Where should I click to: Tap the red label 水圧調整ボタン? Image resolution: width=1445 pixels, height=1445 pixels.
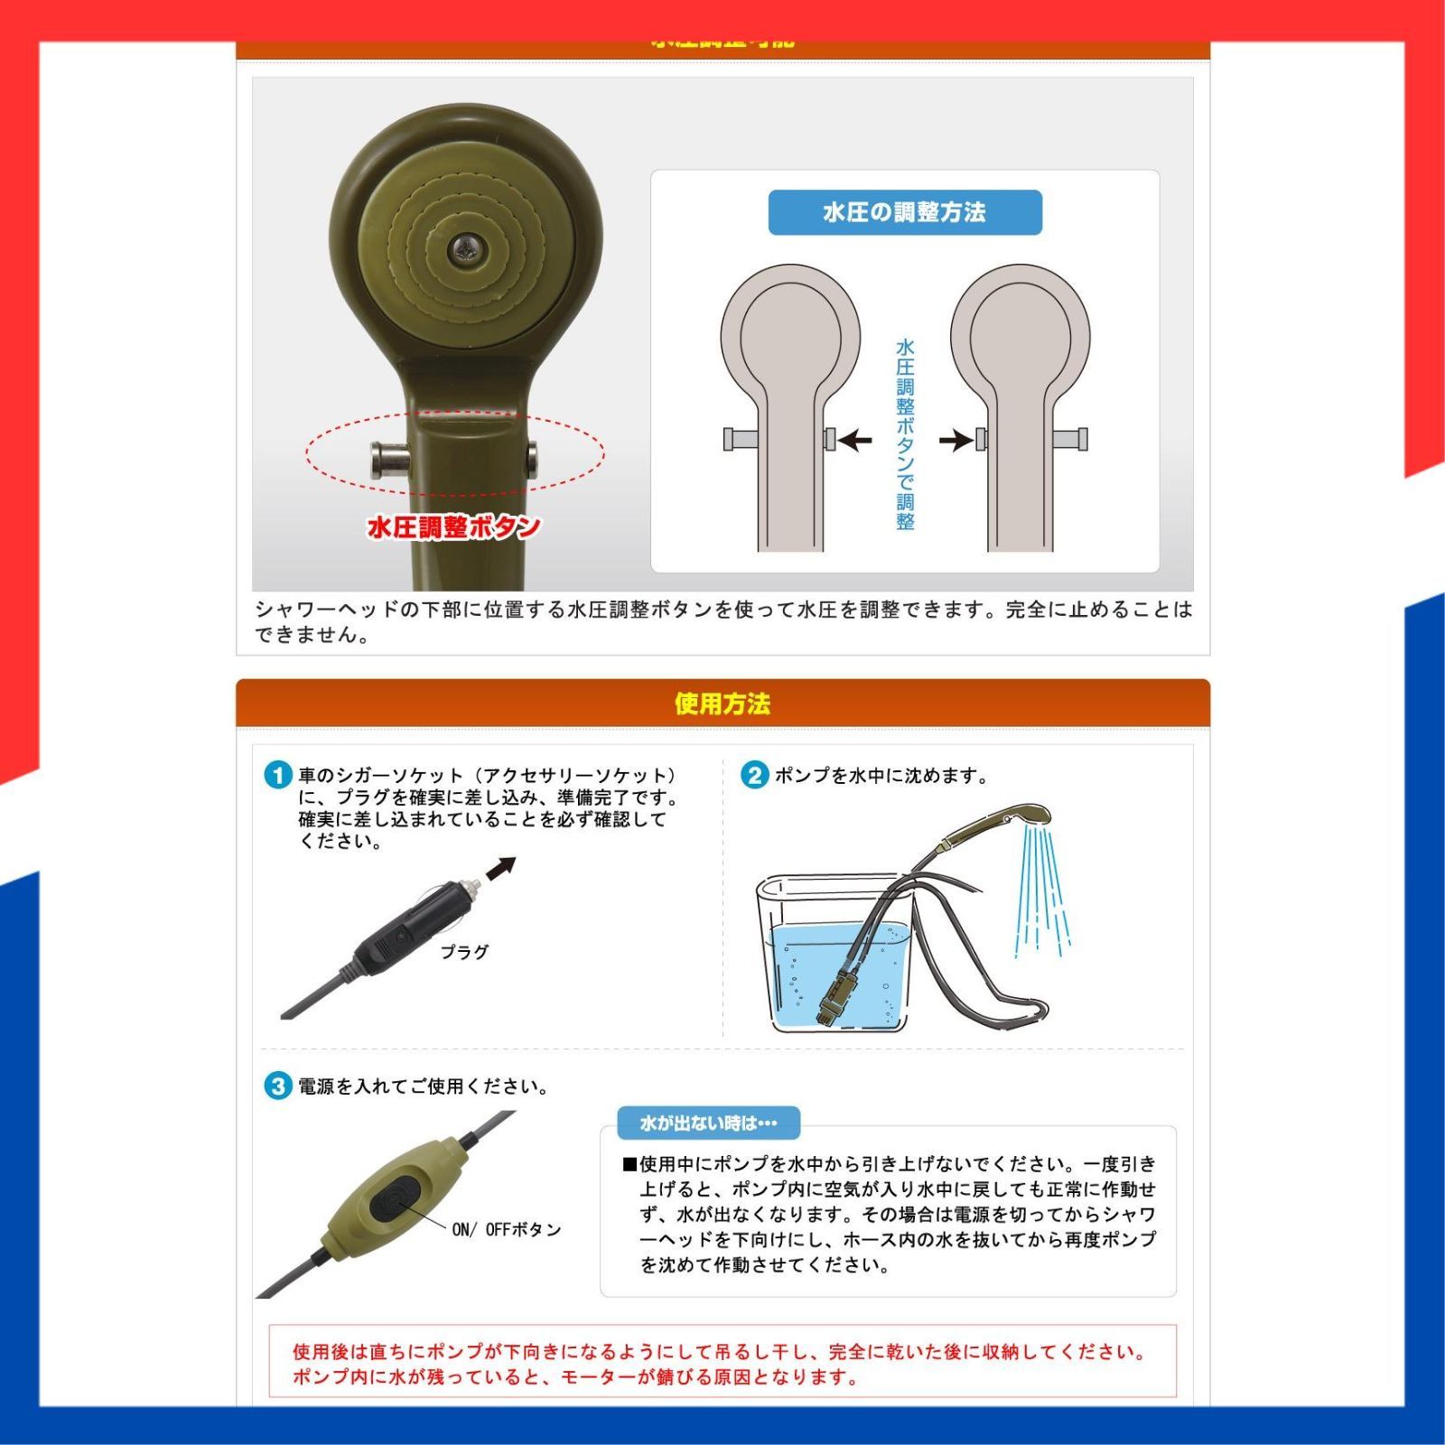click(453, 527)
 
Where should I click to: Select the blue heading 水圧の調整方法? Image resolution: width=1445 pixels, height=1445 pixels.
click(904, 212)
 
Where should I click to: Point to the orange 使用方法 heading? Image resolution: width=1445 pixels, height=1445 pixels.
click(722, 704)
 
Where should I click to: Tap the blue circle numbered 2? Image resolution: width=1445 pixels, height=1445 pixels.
click(754, 776)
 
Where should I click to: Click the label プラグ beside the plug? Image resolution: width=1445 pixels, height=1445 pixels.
click(464, 952)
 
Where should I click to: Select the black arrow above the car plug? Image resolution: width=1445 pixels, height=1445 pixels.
click(500, 868)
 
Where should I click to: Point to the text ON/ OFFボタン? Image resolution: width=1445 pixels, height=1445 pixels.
click(506, 1229)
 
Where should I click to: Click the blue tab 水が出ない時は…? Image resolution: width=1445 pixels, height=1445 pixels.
click(708, 1123)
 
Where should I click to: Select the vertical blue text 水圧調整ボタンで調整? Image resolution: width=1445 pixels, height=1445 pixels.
click(905, 433)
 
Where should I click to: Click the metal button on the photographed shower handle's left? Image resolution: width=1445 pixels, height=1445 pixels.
click(389, 460)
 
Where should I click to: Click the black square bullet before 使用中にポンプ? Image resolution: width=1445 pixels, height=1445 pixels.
click(629, 1164)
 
